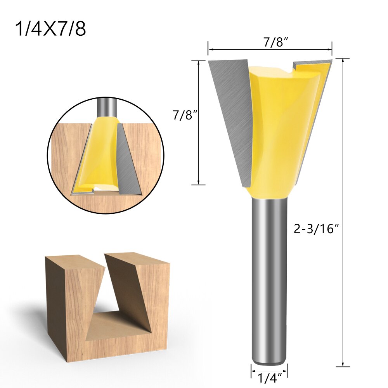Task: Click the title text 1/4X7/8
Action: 50,29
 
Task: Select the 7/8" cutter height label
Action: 182,115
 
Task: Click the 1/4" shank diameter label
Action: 269,377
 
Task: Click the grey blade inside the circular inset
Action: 128,163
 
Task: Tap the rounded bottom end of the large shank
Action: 269,362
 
